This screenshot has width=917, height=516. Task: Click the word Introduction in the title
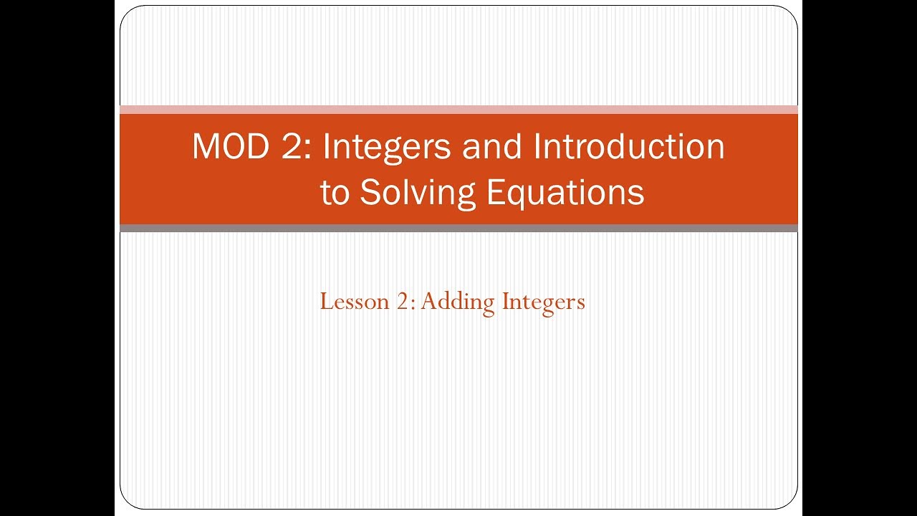[x=628, y=148]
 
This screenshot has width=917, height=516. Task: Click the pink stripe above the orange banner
[x=458, y=110]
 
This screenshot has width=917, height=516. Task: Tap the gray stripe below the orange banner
[x=458, y=228]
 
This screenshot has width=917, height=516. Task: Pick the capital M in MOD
[x=206, y=148]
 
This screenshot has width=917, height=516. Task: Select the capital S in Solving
[x=370, y=192]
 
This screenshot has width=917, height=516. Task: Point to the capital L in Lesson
[x=325, y=302]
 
